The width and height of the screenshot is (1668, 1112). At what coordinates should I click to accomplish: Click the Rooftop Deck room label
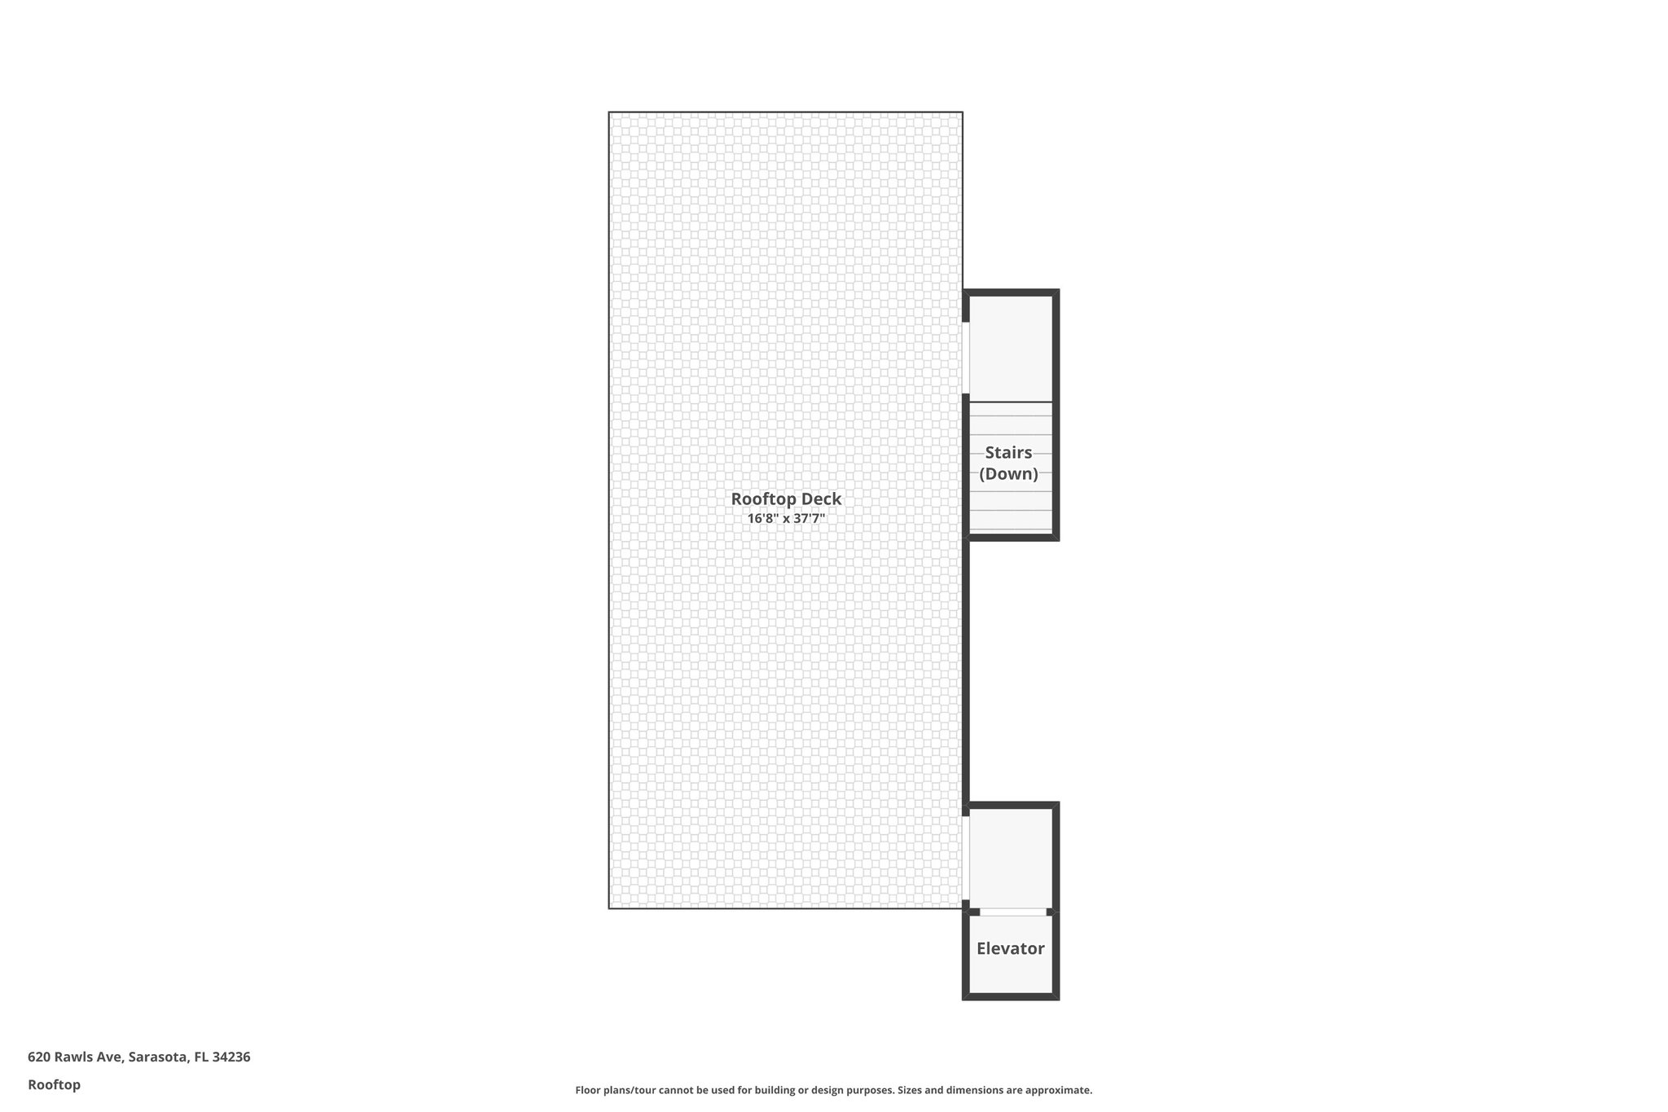click(x=786, y=499)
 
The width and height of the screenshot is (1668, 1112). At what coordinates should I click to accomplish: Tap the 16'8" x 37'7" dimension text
click(x=786, y=518)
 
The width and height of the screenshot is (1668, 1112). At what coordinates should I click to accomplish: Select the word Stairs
click(x=1008, y=452)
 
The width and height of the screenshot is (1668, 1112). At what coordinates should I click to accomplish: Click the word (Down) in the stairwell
click(x=1008, y=473)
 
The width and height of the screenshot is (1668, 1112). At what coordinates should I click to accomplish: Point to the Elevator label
click(x=1010, y=948)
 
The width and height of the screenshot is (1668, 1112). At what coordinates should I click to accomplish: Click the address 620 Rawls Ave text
click(x=76, y=1057)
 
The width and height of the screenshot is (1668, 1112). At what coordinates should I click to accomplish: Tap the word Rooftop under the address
click(x=54, y=1084)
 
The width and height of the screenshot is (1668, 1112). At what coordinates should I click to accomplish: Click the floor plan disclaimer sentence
click(x=834, y=1090)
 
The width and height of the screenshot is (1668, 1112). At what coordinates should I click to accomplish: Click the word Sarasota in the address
click(x=158, y=1057)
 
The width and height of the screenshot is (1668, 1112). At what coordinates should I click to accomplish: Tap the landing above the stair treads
click(x=1010, y=349)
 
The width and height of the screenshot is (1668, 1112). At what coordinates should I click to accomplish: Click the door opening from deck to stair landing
click(x=966, y=358)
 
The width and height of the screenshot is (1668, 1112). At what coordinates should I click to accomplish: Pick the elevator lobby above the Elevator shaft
click(x=1010, y=858)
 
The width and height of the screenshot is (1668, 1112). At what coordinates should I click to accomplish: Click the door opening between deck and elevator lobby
click(x=966, y=858)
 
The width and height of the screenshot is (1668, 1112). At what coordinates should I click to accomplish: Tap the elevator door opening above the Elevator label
click(x=1012, y=912)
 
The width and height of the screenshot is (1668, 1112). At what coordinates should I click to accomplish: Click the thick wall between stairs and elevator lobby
click(x=966, y=672)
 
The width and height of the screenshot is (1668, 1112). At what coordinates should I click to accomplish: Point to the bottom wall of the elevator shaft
click(x=1011, y=996)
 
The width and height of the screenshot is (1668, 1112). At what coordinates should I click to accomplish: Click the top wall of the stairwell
click(x=1011, y=292)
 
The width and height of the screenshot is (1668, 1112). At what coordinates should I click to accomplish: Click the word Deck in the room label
click(x=822, y=499)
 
